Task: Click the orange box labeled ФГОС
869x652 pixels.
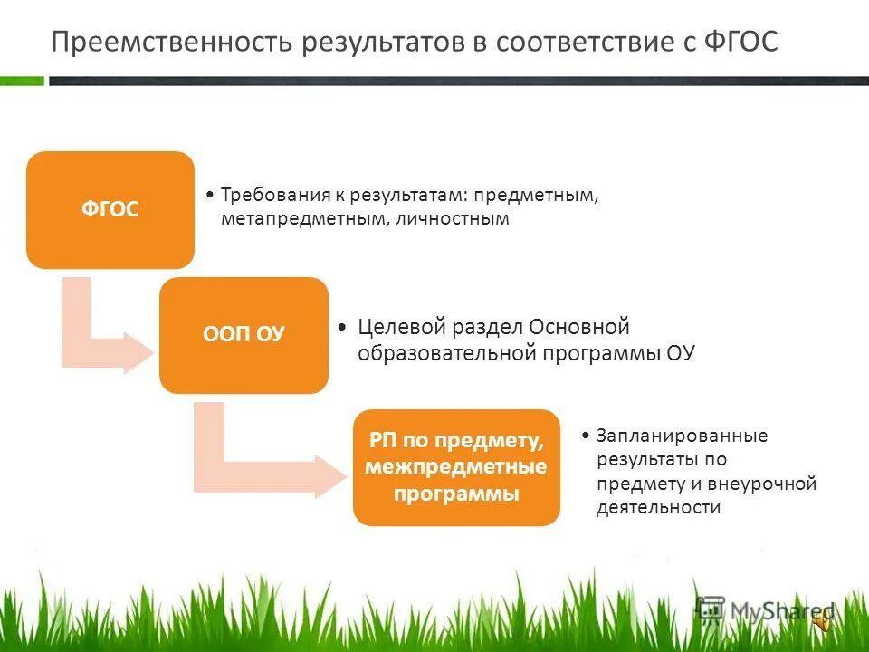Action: [110, 210]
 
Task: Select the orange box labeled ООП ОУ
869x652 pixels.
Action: [244, 335]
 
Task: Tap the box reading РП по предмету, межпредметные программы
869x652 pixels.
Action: [456, 467]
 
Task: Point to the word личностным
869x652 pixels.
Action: [452, 219]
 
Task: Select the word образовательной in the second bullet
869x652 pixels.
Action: [443, 353]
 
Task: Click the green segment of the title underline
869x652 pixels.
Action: [22, 81]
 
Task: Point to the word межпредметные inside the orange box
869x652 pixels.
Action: [456, 468]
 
